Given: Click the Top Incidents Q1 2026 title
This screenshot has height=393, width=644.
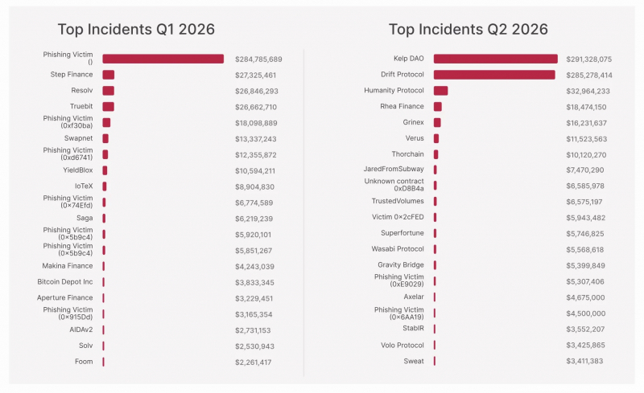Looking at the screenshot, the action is coord(136,30).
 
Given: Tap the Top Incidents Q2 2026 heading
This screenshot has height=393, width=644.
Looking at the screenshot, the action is coord(469,30).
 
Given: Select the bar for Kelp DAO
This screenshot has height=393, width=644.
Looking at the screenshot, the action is coord(496,59).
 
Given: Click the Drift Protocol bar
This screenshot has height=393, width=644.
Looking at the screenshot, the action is coord(494,75).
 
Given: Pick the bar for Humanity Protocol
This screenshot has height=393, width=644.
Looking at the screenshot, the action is coord(440,91).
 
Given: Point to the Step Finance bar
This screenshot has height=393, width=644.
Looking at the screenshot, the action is coord(109,75).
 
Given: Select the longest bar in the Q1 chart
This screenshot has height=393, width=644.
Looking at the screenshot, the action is coord(163,59).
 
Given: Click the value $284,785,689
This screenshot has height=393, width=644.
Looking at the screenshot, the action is coord(258,59).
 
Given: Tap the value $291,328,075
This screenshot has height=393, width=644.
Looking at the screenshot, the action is coord(589,59).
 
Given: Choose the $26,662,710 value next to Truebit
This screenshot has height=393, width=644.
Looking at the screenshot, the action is coord(256,107).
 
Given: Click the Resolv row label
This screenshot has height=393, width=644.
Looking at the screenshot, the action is coord(82,90).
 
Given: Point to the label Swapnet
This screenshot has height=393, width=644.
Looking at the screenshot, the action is coord(78,138).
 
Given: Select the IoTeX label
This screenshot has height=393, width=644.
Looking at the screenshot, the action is coord(84,186).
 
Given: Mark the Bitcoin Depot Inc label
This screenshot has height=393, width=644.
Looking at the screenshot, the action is coord(65,282).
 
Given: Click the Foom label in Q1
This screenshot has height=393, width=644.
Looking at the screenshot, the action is coord(84,362).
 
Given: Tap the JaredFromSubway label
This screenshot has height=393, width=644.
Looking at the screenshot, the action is coord(394,169).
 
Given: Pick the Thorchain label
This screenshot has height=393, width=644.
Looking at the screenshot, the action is coord(407,154).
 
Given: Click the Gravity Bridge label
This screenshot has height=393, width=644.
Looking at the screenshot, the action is coord(400,265).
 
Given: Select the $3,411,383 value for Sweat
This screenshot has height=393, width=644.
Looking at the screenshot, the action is coord(584,362).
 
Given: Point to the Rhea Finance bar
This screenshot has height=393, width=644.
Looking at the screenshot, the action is coord(438,107).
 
